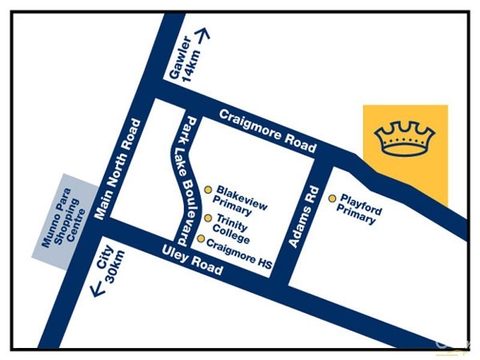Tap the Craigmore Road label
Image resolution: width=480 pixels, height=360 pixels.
(268, 131)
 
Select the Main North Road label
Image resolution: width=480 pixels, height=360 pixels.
(118, 169)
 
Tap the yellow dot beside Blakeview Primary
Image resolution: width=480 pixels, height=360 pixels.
(208, 190)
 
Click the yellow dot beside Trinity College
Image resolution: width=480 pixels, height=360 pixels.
(208, 218)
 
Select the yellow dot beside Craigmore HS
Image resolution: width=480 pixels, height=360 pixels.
(200, 239)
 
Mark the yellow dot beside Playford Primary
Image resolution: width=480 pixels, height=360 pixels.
(332, 198)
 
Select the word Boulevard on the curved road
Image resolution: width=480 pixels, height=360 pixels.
(186, 204)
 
